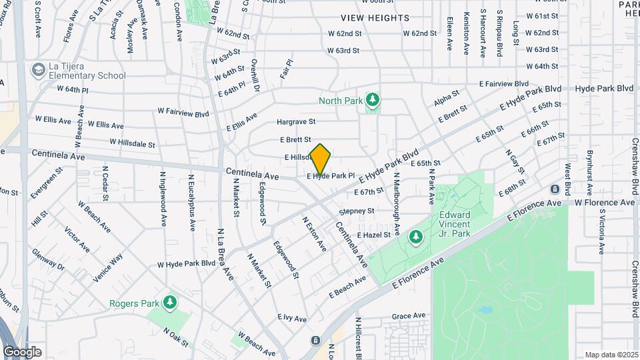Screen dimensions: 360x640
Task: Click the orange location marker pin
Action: point(321,159)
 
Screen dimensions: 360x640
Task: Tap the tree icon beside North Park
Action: point(373,101)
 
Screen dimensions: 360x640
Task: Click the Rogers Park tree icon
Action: point(170,303)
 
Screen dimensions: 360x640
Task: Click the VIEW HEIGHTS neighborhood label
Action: point(375,18)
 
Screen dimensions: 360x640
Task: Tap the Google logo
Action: point(22,351)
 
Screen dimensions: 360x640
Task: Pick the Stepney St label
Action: point(357,211)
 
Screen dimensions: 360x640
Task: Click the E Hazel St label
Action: point(373,235)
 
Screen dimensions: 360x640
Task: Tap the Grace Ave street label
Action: point(408,316)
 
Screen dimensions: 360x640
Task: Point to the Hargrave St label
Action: point(295,122)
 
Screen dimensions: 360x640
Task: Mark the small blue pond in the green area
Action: point(485,310)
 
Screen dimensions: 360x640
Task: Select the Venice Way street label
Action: point(108,267)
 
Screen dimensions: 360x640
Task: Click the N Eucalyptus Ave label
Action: point(191,203)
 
